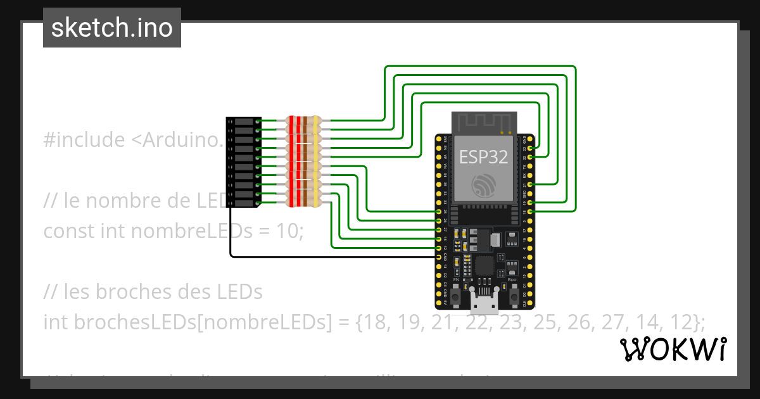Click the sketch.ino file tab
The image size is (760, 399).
(112, 28)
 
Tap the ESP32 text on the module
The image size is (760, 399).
(484, 156)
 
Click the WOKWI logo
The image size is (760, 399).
(673, 350)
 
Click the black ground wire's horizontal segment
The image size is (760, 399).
(329, 256)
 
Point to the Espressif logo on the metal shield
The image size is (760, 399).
(484, 185)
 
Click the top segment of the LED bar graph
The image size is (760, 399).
(244, 120)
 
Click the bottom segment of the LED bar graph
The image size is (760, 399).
(244, 203)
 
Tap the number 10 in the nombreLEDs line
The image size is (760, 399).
(288, 231)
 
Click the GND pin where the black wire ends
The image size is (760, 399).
(438, 257)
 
